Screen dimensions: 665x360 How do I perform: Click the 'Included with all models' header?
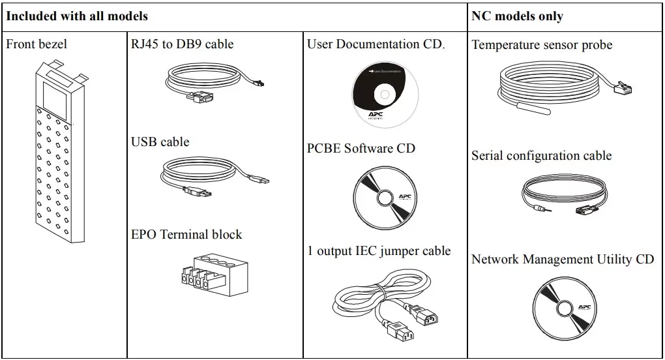pyautogui.click(x=77, y=16)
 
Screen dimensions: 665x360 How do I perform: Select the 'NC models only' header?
pyautogui.click(x=517, y=16)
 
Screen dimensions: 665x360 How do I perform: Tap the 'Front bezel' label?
pyautogui.click(x=37, y=44)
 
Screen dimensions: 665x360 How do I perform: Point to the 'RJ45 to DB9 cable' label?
pyautogui.click(x=182, y=44)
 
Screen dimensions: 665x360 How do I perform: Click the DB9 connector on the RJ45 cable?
pyautogui.click(x=201, y=98)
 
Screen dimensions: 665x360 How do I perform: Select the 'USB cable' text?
pyautogui.click(x=160, y=142)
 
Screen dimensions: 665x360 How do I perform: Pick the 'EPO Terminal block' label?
pyautogui.click(x=186, y=234)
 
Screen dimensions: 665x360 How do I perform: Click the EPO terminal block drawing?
pyautogui.click(x=214, y=275)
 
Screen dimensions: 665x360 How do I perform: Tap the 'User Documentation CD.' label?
pyautogui.click(x=376, y=44)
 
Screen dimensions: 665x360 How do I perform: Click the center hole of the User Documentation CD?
pyautogui.click(x=385, y=95)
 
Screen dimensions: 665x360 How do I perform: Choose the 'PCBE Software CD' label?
pyautogui.click(x=361, y=148)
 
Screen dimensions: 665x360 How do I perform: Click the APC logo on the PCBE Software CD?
pyautogui.click(x=405, y=197)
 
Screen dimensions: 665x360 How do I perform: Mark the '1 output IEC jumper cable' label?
pyautogui.click(x=379, y=250)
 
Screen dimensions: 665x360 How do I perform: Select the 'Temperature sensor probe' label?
pyautogui.click(x=542, y=44)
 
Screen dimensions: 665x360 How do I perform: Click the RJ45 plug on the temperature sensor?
pyautogui.click(x=622, y=87)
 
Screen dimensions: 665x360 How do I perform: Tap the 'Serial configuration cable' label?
pyautogui.click(x=541, y=155)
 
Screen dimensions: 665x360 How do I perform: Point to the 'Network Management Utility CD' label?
pyautogui.click(x=563, y=259)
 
